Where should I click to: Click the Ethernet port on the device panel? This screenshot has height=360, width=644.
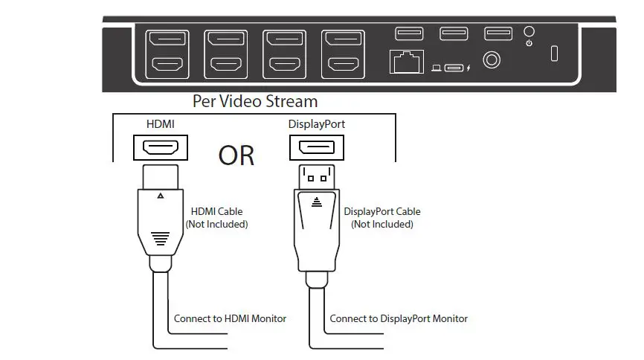pos(406,62)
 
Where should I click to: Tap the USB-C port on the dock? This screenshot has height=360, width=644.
pos(454,68)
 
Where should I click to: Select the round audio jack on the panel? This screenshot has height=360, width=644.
pos(492,59)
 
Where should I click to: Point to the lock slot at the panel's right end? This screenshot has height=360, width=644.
pos(553,54)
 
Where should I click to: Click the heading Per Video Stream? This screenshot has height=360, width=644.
pos(255,101)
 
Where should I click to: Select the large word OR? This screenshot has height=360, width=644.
pos(236,155)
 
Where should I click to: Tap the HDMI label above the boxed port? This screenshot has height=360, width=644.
pos(160,124)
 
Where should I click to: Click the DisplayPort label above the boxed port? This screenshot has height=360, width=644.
pos(317,124)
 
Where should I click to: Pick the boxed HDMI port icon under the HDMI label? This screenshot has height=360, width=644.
pos(160,147)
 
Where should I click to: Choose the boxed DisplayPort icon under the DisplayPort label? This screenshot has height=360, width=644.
pos(316,147)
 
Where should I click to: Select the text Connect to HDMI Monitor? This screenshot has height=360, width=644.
pos(230,318)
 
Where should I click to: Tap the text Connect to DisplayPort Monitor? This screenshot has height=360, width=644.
pos(399,318)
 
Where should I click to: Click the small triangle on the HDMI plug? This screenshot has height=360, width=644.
pos(160,197)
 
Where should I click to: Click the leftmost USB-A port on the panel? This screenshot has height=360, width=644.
pos(409,33)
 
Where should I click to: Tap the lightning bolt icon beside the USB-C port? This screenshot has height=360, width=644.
pos(468,69)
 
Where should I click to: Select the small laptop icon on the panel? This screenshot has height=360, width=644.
pos(437,69)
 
